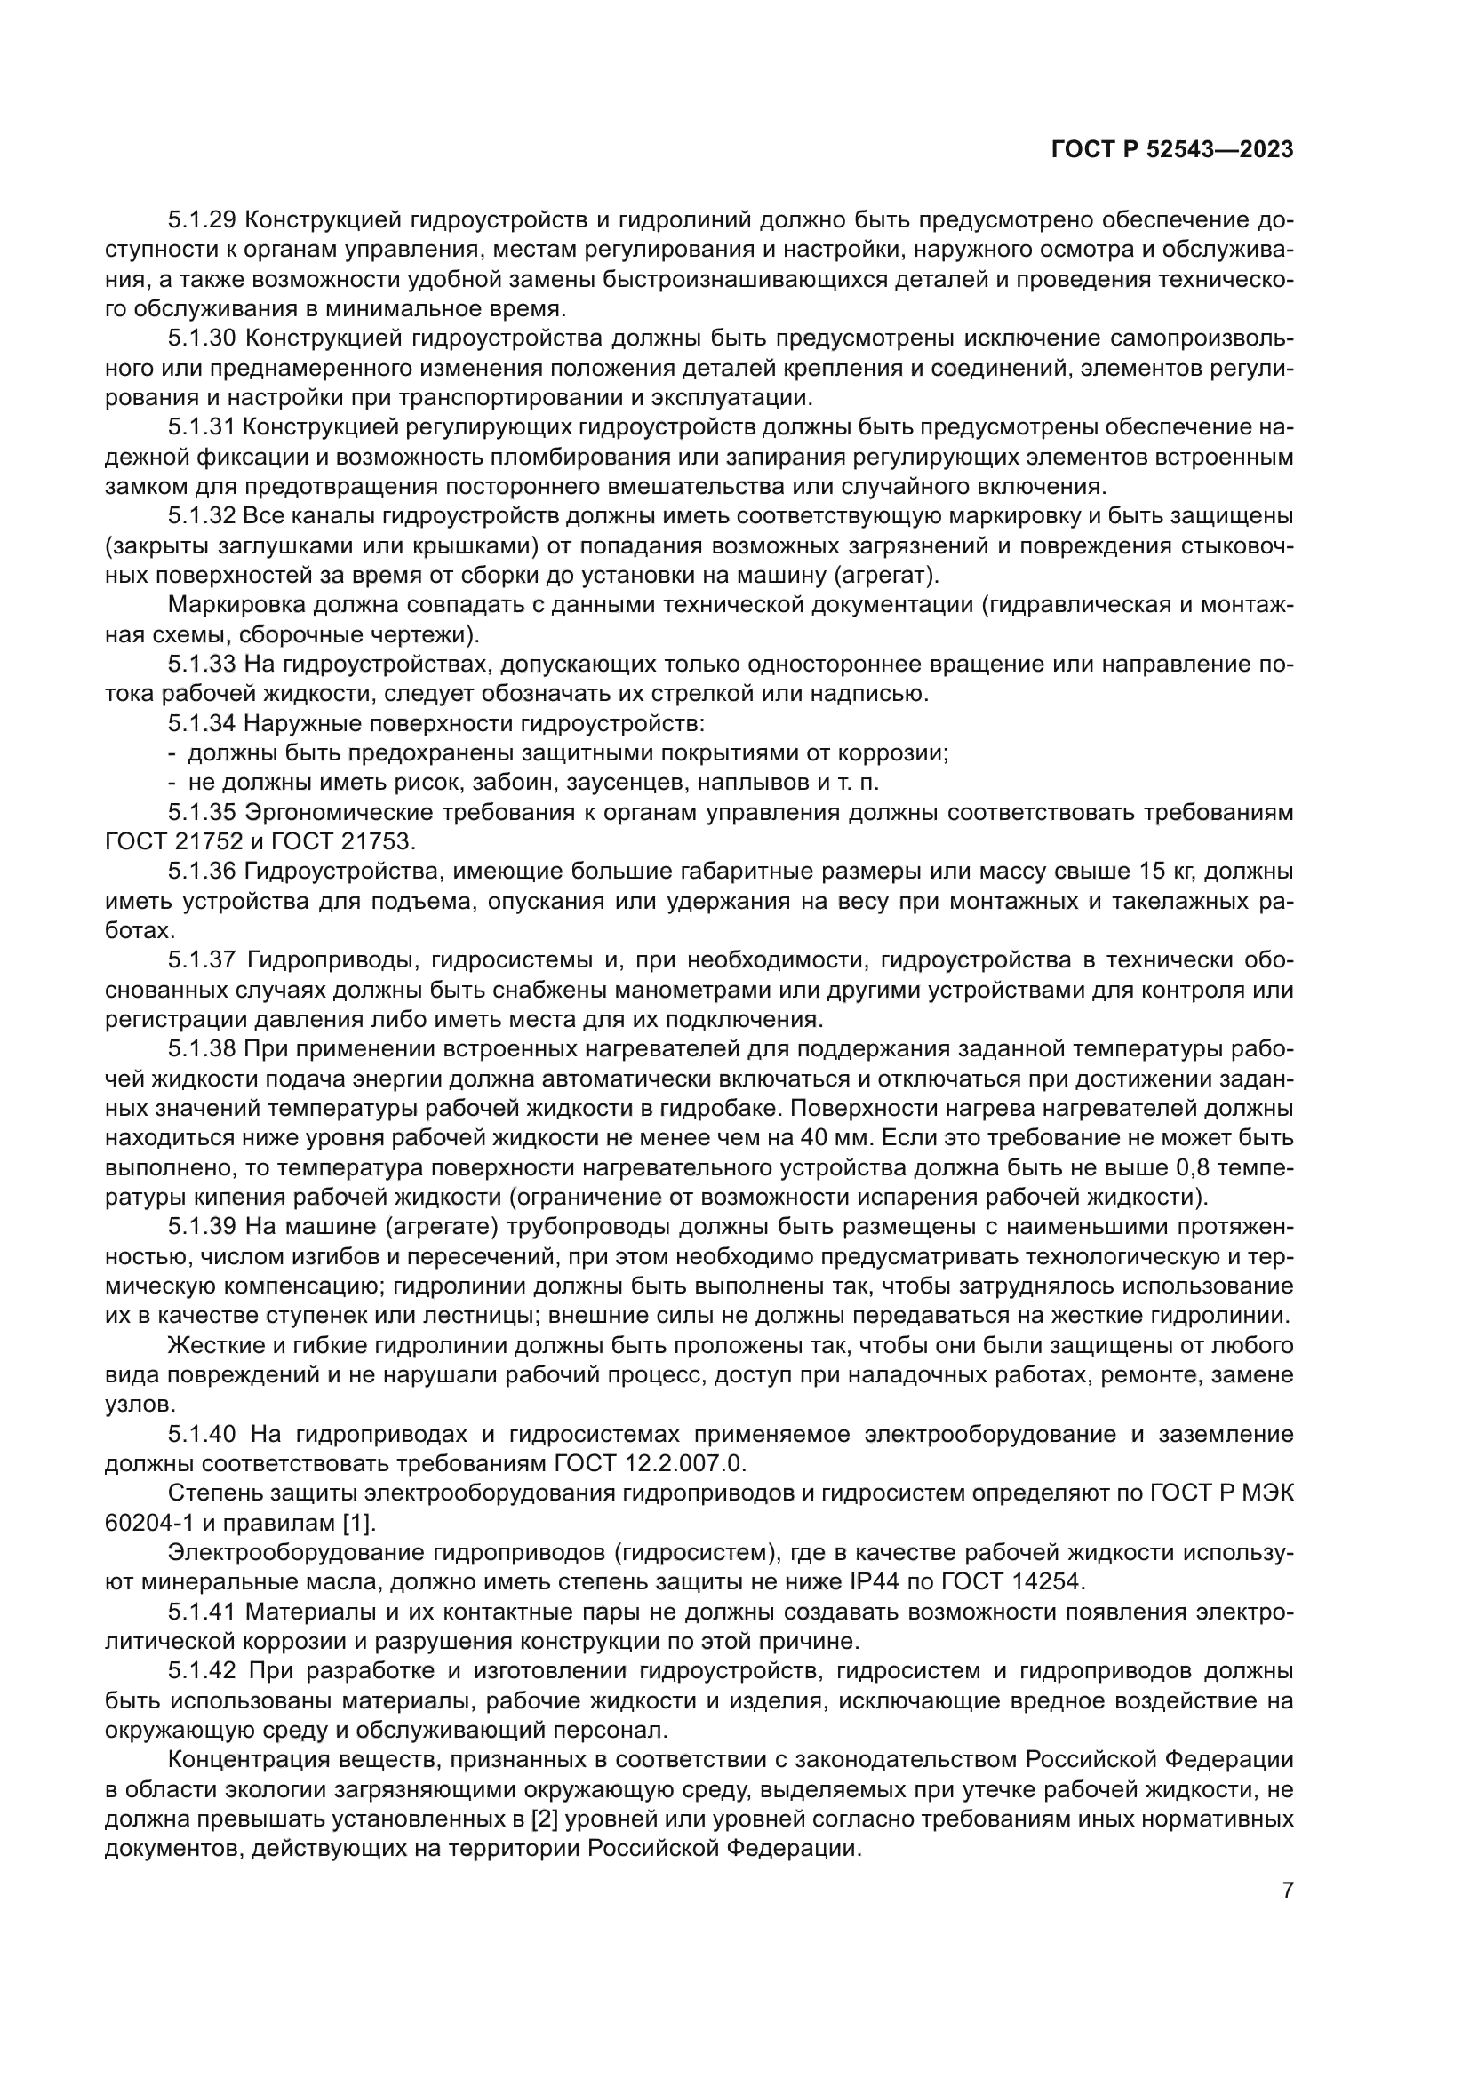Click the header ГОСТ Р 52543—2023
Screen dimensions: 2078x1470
1172,150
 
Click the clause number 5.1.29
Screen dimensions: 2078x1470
202,220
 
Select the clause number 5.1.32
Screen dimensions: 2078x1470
202,516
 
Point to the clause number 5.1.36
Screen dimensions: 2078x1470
202,872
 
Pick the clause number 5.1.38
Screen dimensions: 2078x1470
202,1049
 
